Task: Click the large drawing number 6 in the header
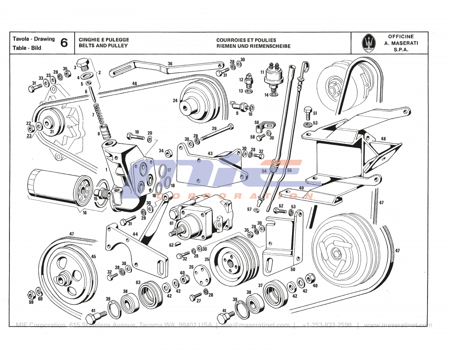point(64,43)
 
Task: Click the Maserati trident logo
point(369,43)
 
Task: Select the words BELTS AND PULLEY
point(103,46)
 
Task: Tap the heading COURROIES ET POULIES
point(246,40)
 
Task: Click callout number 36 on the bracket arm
point(170,63)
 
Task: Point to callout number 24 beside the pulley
point(175,101)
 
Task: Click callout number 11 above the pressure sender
point(262,72)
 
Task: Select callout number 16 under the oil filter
point(85,213)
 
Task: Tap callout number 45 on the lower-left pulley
point(94,256)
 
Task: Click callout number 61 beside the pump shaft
point(171,223)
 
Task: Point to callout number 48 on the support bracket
point(383,139)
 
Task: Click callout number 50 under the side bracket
point(293,270)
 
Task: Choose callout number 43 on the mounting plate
point(210,153)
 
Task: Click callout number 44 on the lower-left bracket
point(135,234)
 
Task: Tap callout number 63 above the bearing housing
point(139,283)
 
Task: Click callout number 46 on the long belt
point(135,83)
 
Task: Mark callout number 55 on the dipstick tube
point(289,171)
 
